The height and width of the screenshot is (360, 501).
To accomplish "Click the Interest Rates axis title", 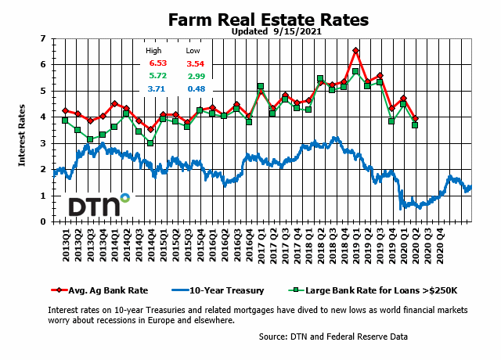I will [x=21, y=130].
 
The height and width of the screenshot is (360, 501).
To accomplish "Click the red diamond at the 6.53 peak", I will [x=356, y=51].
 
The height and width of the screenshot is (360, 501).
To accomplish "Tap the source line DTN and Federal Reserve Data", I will [x=333, y=337].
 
